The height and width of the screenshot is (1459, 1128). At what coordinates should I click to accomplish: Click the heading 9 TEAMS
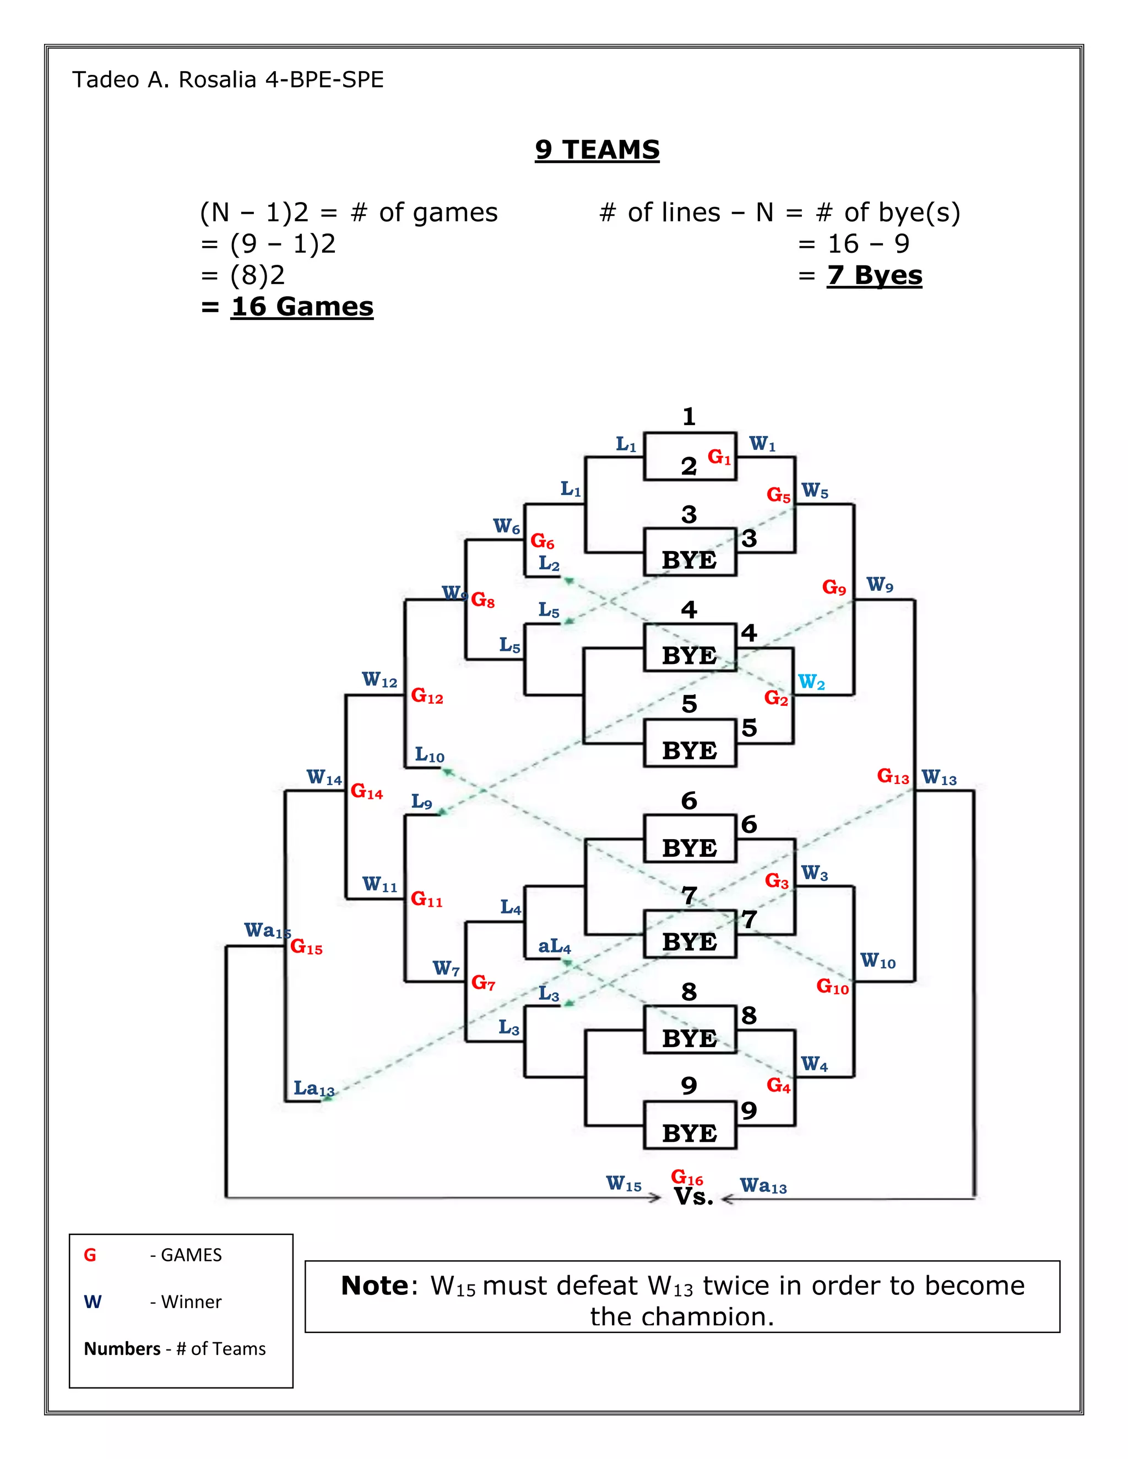[x=596, y=150]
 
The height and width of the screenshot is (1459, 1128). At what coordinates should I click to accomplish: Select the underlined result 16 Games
[x=301, y=307]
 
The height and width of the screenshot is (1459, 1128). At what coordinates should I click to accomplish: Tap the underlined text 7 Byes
[x=874, y=275]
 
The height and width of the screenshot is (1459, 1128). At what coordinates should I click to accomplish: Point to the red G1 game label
[x=719, y=457]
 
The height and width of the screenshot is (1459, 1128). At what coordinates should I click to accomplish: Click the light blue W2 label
[x=811, y=682]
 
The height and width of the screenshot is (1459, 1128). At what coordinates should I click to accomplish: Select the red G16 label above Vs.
[x=686, y=1178]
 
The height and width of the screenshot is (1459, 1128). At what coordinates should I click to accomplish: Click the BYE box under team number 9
[x=690, y=1134]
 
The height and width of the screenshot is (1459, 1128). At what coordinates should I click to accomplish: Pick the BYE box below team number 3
[x=690, y=560]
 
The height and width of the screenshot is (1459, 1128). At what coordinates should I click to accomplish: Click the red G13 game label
[x=893, y=776]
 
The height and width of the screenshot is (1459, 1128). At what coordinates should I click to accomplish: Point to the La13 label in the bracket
[x=313, y=1089]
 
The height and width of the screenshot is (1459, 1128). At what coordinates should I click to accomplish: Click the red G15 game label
[x=306, y=948]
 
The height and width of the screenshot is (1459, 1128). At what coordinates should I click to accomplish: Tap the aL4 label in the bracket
[x=555, y=946]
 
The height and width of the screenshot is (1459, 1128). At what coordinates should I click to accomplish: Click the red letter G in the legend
[x=90, y=1255]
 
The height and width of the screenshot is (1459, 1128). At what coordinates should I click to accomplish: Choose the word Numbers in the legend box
[x=122, y=1349]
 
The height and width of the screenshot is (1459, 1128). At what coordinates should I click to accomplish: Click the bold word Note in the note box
[x=374, y=1286]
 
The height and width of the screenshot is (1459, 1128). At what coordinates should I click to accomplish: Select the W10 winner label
[x=877, y=961]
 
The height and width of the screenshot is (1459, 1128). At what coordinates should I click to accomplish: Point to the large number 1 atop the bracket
[x=689, y=417]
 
